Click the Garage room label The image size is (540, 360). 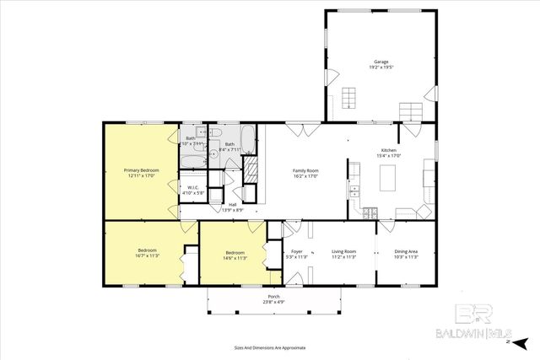coord(381,62)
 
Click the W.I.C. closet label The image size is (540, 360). coord(193,188)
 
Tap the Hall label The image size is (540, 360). coord(232,204)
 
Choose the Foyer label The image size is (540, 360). coord(296,250)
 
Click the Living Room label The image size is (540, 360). coord(343,250)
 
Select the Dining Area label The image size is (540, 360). coord(406,250)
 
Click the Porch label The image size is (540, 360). coord(273,296)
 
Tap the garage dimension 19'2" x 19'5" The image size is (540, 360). coord(381,67)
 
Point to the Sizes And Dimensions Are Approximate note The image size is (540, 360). coord(270,347)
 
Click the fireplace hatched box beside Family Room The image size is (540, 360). coord(250,171)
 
